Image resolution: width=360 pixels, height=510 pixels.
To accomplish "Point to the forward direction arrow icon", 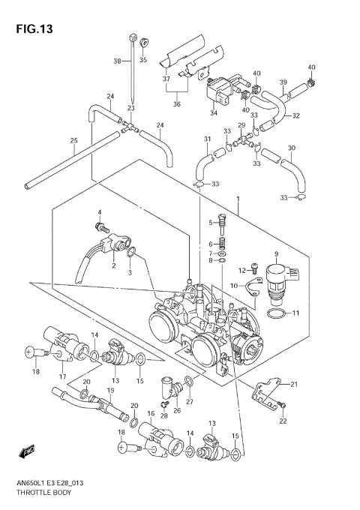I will click(x=28, y=451).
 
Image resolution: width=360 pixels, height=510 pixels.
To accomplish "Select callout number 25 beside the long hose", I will click(x=73, y=140).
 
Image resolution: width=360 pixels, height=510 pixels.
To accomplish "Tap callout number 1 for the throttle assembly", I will click(x=238, y=200).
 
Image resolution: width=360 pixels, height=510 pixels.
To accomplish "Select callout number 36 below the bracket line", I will click(x=177, y=105).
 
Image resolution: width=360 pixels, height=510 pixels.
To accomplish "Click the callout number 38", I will click(x=117, y=61).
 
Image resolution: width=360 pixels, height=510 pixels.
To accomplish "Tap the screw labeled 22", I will click(x=282, y=405).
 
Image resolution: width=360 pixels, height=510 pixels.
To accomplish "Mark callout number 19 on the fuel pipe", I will click(x=110, y=391).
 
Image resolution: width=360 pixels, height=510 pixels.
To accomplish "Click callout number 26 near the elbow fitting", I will click(x=177, y=410).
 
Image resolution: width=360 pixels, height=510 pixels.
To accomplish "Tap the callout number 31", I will click(x=207, y=139).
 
